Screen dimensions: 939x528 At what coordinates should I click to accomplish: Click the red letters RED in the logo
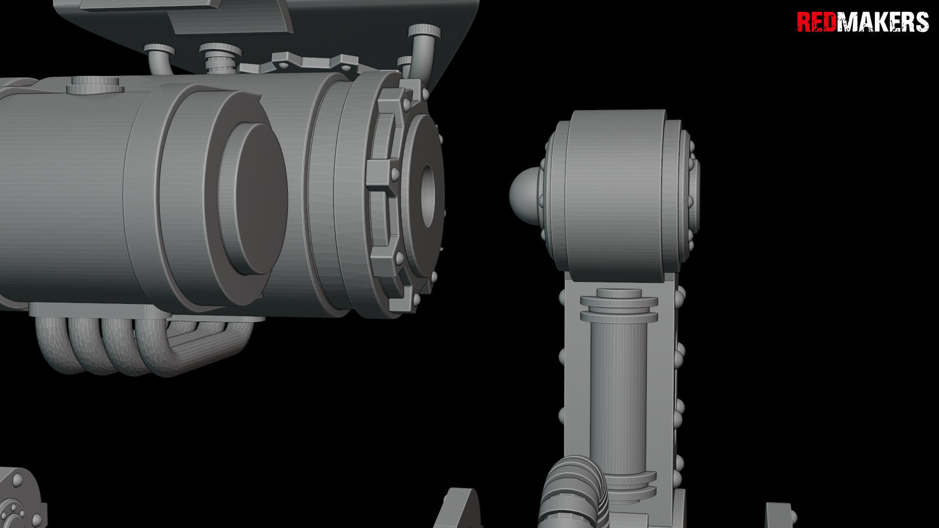click(817, 22)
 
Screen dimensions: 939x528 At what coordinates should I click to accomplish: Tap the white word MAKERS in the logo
click(883, 22)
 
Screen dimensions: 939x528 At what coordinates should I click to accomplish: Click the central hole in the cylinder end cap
click(428, 196)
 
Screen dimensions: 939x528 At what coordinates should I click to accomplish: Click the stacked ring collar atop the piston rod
click(619, 306)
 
